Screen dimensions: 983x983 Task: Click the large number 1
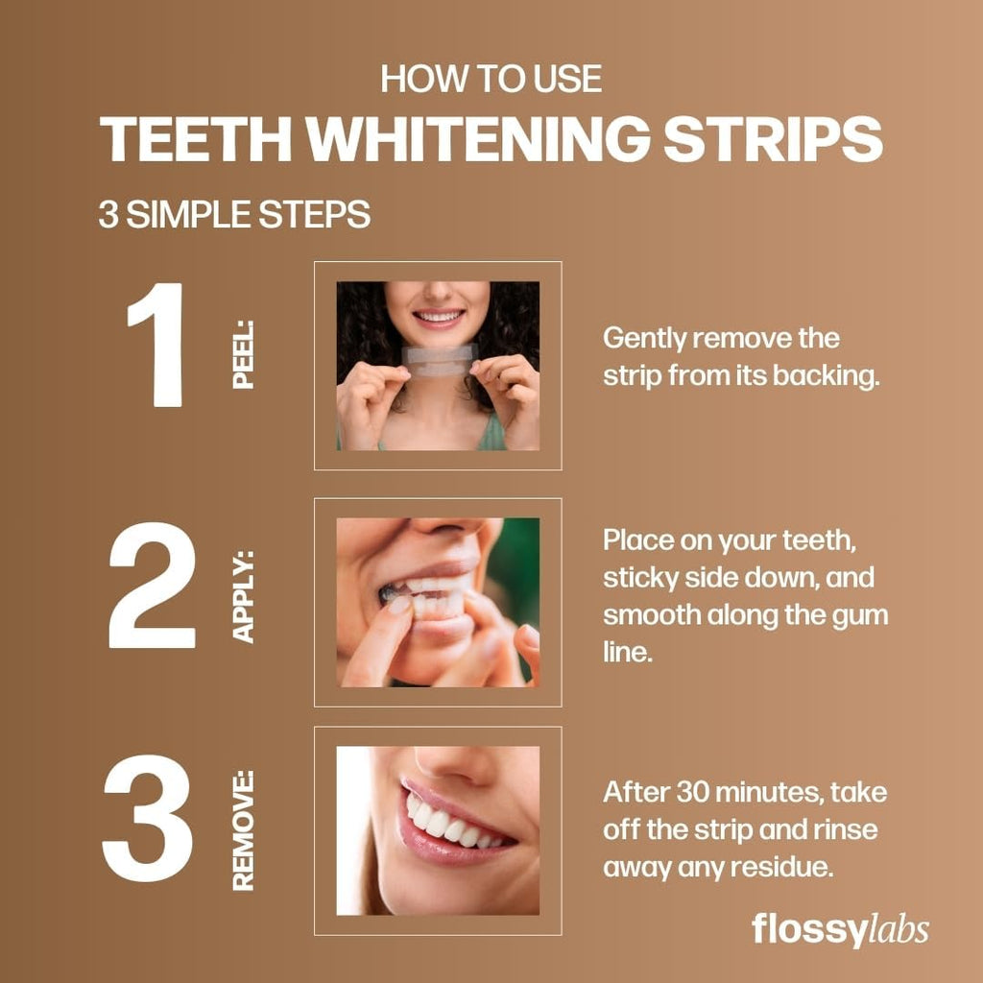click(156, 345)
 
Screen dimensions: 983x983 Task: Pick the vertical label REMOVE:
click(244, 829)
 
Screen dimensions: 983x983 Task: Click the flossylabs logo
click(839, 929)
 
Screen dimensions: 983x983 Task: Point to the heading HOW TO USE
click(491, 79)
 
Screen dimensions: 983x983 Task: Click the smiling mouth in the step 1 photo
click(439, 316)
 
